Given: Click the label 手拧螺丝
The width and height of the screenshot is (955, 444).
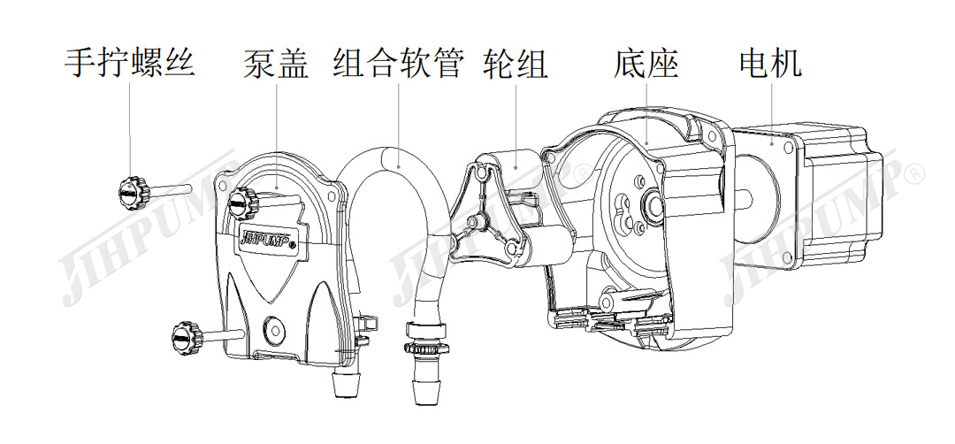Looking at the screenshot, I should click(x=130, y=63).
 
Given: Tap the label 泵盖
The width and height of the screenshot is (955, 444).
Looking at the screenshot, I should click(x=275, y=63).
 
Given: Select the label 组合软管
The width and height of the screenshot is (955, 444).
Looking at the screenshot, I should click(x=399, y=63).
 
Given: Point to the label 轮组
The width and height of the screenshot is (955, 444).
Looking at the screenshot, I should click(x=516, y=63).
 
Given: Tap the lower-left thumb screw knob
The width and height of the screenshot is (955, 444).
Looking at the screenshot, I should click(x=186, y=335).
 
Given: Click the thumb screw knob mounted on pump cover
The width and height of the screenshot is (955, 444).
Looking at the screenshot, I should click(x=240, y=204).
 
